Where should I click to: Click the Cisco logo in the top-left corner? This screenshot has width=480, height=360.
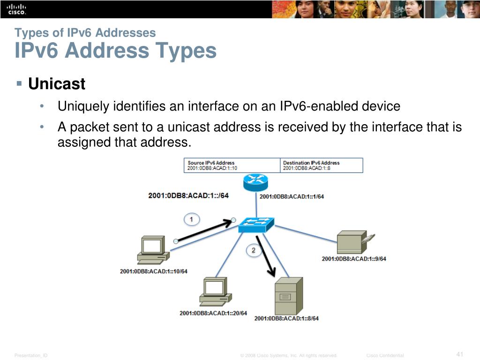[x=16, y=9]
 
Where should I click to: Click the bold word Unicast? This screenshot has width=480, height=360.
[x=57, y=84]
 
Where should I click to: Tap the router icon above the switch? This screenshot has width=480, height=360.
[x=255, y=182]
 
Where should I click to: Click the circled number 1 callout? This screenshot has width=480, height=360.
[x=191, y=219]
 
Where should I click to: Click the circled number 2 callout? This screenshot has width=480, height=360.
[x=254, y=250]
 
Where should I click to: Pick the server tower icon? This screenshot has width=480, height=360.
[x=288, y=296]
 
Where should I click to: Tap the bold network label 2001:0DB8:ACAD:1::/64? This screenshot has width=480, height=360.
[x=188, y=195]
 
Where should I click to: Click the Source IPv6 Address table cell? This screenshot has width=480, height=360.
[x=232, y=165]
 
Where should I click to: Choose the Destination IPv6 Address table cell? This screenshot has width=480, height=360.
[x=322, y=165]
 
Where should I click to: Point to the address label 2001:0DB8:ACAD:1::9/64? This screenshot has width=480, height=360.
[x=354, y=259]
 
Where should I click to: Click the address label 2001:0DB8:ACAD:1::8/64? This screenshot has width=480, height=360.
[x=286, y=318]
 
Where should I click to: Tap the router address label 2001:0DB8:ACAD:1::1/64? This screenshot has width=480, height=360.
[x=292, y=196]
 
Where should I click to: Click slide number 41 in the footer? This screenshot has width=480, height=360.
[x=459, y=354]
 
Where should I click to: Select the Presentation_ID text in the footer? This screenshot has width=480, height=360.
[x=31, y=355]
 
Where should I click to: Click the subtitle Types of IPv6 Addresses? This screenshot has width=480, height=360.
[x=85, y=33]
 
